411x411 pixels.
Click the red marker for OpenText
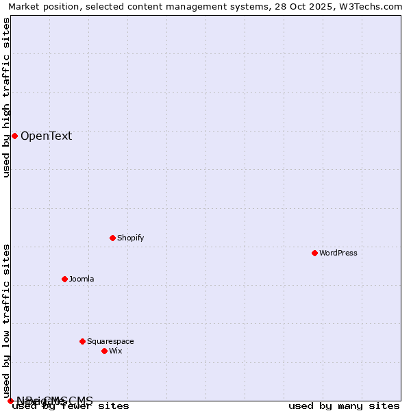point(14,136)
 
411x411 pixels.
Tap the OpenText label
point(46,136)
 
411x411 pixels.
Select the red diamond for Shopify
point(112,238)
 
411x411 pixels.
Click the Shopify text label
point(130,238)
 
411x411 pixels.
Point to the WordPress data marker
point(314,253)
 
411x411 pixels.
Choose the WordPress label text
point(338,253)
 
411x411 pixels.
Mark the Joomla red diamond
point(64,279)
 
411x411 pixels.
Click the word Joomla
point(82,279)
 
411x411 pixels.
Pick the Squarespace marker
point(82,341)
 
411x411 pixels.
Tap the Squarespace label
point(110,341)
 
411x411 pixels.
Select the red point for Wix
point(104,351)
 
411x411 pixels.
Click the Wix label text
point(115,351)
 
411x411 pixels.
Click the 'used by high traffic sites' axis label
point(7,97)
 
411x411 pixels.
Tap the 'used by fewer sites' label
point(71,406)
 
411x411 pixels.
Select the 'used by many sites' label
point(343,406)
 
